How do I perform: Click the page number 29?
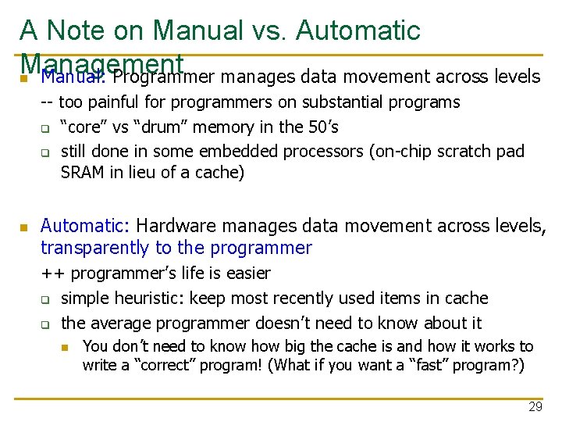point(535,406)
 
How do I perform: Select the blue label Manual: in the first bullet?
point(73,77)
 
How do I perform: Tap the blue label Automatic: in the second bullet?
point(85,226)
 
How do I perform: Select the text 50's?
point(321,127)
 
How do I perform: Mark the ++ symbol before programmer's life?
point(52,274)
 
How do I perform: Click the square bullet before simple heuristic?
point(46,299)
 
